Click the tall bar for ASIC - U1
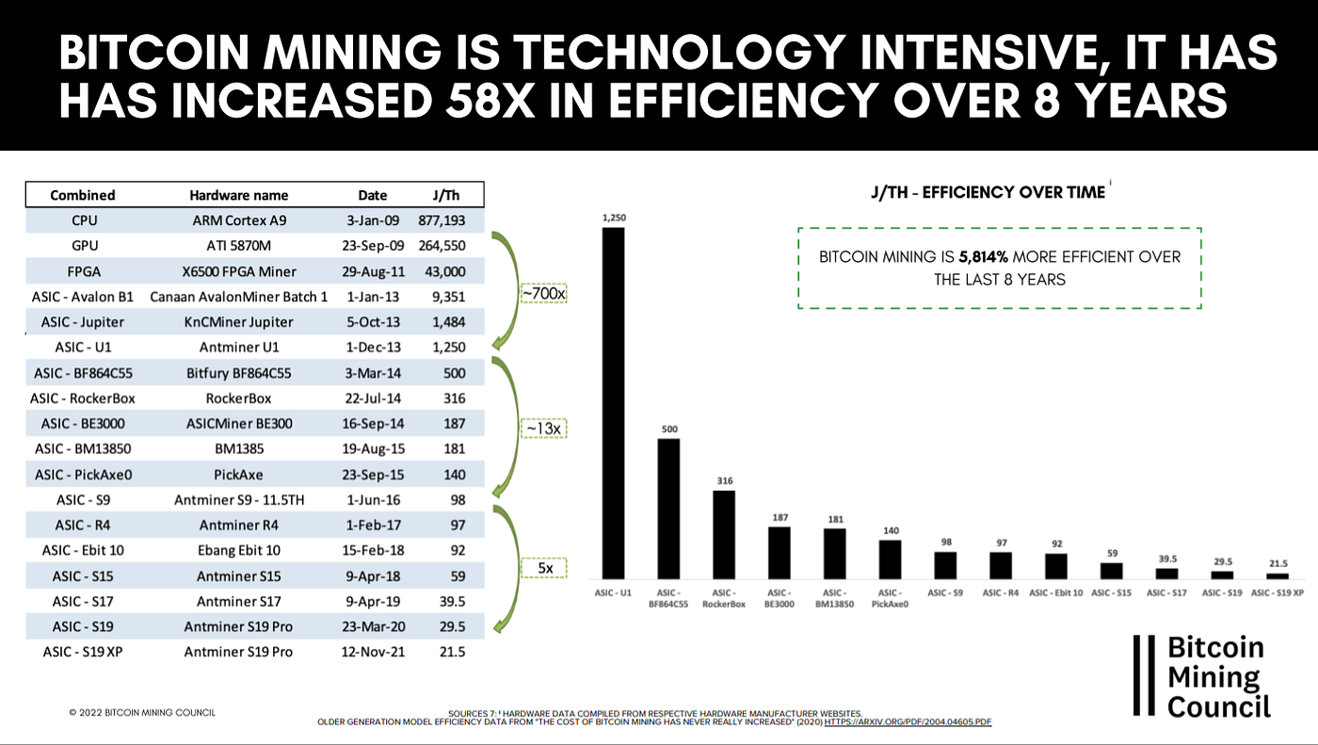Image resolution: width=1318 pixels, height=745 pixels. pos(613,403)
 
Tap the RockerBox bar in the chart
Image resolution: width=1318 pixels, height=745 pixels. pos(724,534)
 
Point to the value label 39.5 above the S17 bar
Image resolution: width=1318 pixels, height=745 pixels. pos(1166,559)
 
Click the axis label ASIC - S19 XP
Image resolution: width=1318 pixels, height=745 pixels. pos(1278,592)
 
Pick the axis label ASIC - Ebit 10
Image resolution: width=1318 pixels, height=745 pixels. pos(1056,592)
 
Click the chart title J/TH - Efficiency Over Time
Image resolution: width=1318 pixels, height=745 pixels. pos(988,192)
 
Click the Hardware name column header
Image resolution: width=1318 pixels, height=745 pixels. pos(239,195)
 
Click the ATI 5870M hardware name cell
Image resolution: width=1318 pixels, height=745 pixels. pos(239,246)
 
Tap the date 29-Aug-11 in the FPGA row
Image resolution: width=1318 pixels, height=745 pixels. pos(373,271)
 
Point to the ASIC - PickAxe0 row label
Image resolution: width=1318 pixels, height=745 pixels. pos(83,475)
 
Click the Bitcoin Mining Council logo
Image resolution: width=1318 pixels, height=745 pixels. pos(1203,675)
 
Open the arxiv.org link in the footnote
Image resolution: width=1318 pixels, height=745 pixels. pos(908,721)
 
